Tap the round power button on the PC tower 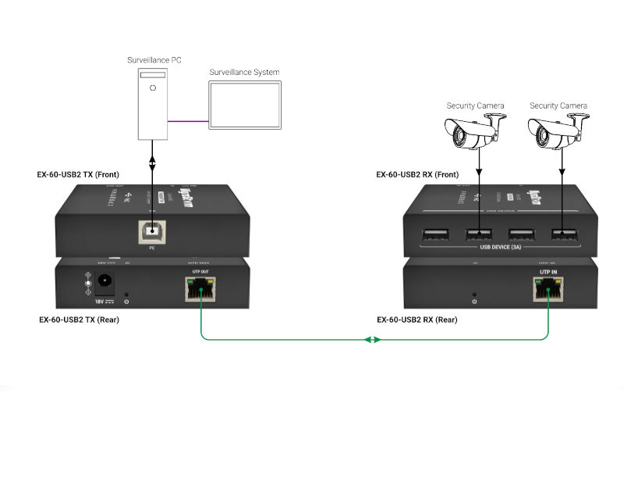pyautogui.click(x=153, y=87)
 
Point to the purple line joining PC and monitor pyautogui.click(x=188, y=121)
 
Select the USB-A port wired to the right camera pyautogui.click(x=562, y=233)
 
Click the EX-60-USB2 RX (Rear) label pyautogui.click(x=417, y=320)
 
